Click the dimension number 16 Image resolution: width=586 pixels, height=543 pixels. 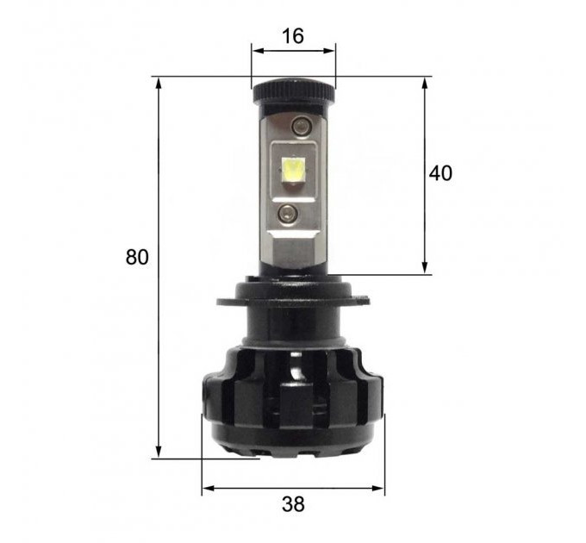point(293,36)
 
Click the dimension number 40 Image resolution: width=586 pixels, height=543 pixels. point(440,173)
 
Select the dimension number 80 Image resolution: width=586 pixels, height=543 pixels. point(137,257)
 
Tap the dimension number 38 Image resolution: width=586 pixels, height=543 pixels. point(293,504)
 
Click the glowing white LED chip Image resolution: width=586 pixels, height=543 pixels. point(294,170)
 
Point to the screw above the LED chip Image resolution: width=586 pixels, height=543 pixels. point(301,126)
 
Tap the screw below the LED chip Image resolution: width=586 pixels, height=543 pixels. point(288,214)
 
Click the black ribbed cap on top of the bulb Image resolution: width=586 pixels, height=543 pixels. point(293,90)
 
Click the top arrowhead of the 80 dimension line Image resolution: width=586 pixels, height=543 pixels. point(159,83)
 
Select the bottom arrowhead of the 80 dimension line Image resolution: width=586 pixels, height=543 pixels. point(159,452)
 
